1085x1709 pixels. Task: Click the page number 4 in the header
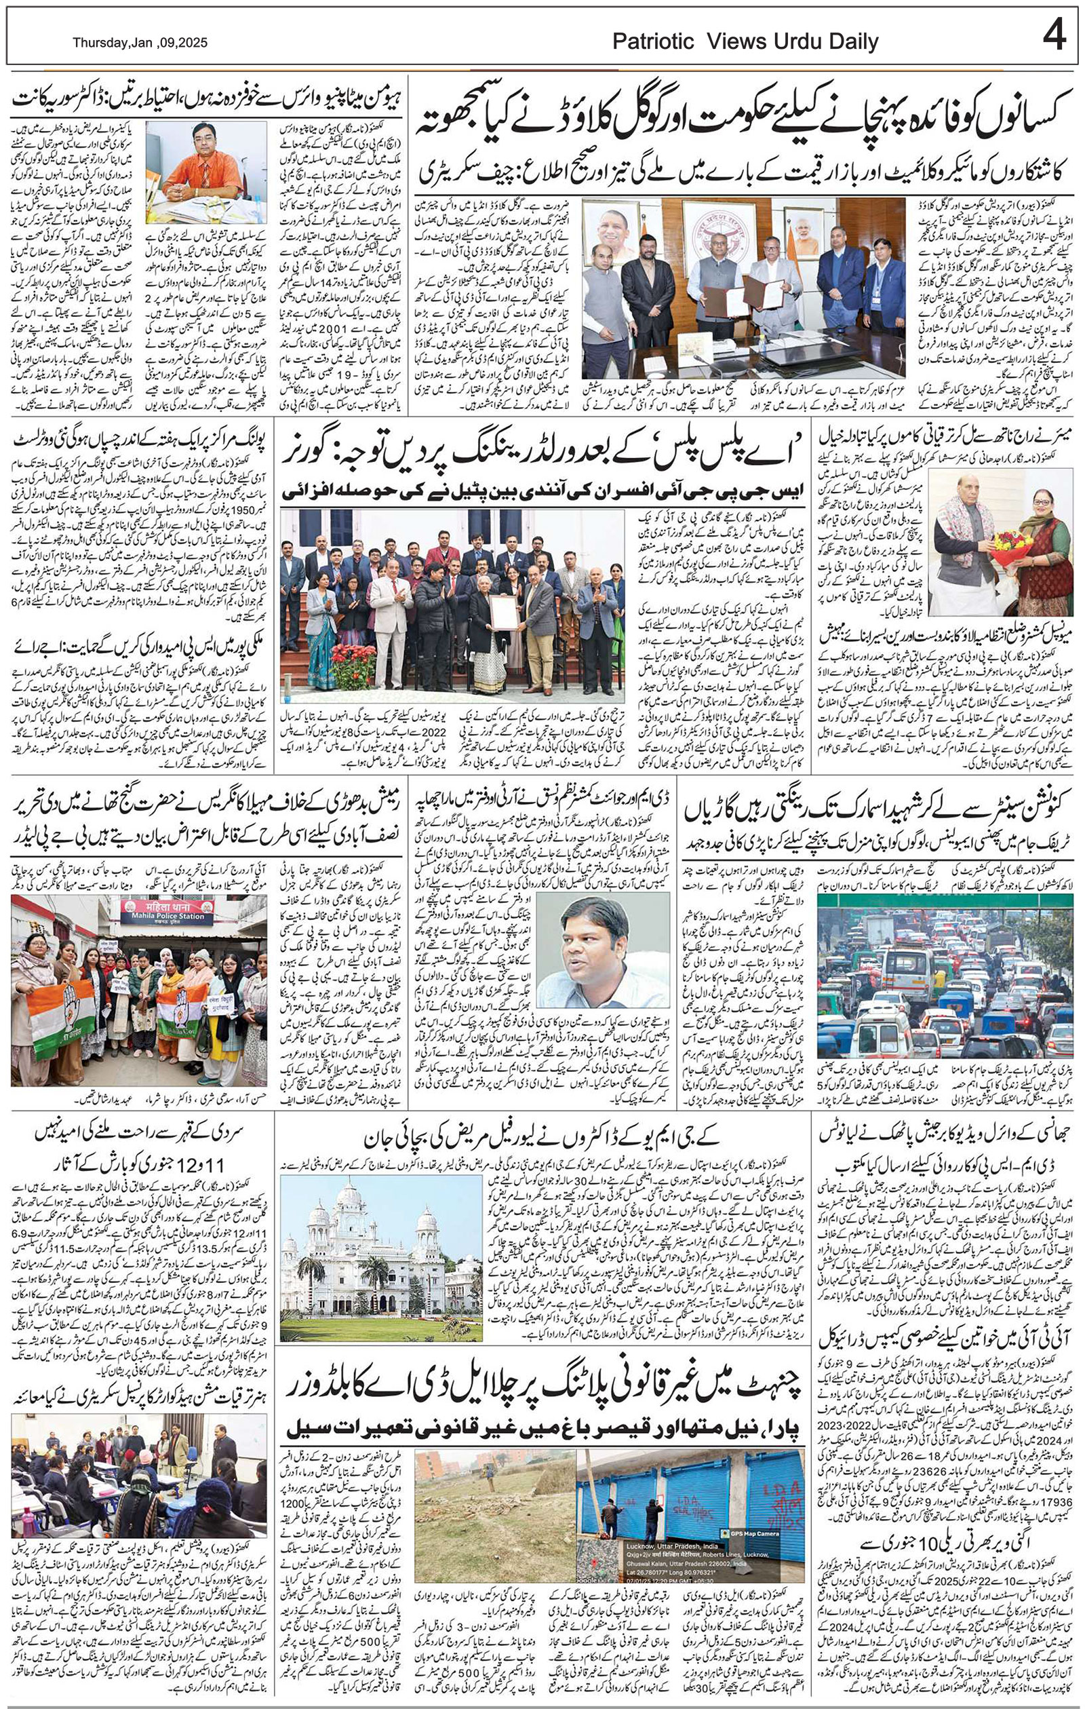(x=1055, y=35)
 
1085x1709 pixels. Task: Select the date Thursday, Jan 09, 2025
(x=140, y=43)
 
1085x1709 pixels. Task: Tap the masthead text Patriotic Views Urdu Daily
(x=745, y=42)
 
